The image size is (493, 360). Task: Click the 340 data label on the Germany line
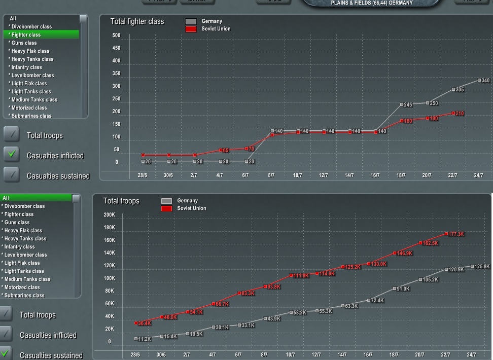[x=485, y=81]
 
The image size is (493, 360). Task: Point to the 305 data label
[x=460, y=90]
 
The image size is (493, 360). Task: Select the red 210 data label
[x=460, y=114]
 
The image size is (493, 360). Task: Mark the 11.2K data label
[x=145, y=339]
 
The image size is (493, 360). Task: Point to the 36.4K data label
[x=145, y=323]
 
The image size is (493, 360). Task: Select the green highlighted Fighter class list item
[x=41, y=34]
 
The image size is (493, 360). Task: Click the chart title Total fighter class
[x=137, y=22]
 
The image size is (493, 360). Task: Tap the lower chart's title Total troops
[x=121, y=201]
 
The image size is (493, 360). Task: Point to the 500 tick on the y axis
[x=116, y=35]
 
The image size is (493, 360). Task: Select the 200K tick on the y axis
[x=109, y=215]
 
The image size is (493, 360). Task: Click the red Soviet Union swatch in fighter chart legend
[x=191, y=29]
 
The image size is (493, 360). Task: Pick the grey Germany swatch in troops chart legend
[x=166, y=201]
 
